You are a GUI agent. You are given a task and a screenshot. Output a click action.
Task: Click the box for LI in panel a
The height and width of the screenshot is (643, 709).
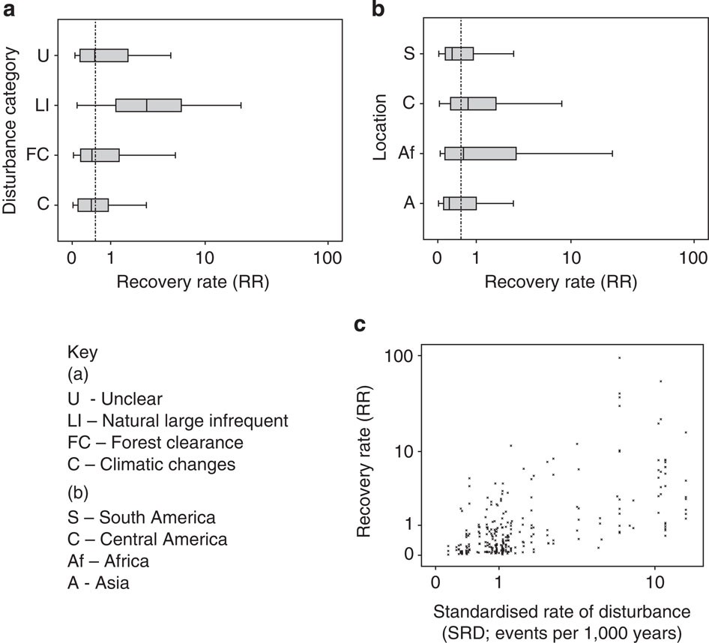click(148, 105)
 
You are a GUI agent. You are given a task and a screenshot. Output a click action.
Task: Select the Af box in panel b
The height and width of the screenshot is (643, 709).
click(480, 154)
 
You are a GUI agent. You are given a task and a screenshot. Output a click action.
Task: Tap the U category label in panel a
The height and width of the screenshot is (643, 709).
click(43, 55)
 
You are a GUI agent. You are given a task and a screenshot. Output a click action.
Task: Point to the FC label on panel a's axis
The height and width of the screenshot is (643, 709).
click(37, 155)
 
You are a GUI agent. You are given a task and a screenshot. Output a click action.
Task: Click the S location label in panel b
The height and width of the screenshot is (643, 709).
click(408, 54)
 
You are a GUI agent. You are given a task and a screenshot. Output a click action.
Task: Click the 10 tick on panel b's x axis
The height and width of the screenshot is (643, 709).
click(571, 259)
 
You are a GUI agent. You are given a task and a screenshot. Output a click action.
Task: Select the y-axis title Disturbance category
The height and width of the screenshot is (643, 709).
click(10, 129)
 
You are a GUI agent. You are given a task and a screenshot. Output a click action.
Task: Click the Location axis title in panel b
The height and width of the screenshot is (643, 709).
click(380, 127)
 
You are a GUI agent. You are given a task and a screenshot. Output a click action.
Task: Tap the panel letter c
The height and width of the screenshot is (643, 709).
click(360, 326)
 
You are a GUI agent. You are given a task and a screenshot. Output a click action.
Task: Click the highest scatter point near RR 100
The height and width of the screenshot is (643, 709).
click(619, 357)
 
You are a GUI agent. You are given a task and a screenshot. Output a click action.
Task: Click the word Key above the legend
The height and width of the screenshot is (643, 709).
click(82, 352)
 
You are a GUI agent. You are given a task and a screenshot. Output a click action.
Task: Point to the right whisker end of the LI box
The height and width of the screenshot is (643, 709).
click(241, 105)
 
